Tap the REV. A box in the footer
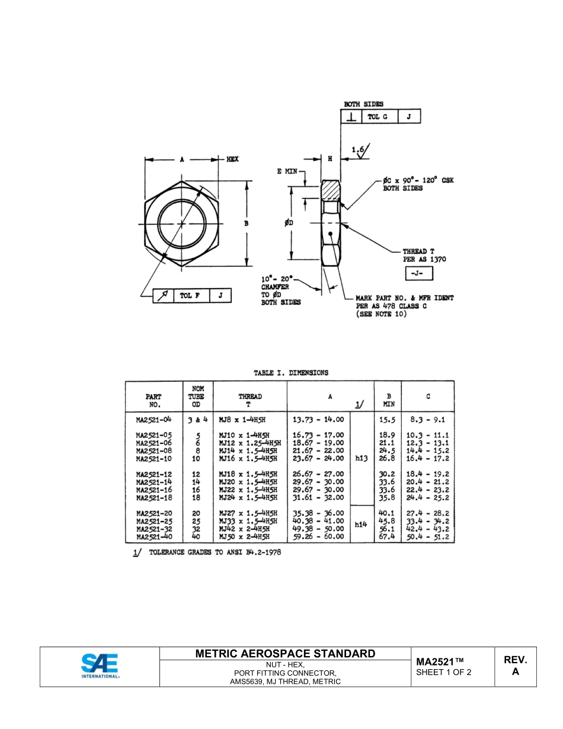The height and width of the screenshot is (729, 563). [x=515, y=666]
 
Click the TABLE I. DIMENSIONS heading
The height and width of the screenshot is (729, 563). [x=290, y=373]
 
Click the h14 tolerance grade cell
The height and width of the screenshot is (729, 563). [x=361, y=524]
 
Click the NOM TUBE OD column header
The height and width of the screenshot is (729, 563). [x=196, y=396]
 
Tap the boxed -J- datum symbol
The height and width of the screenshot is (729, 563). [x=418, y=273]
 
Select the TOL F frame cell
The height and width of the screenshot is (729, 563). [x=190, y=295]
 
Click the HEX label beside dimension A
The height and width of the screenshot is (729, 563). [x=232, y=159]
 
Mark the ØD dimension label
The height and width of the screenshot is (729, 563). [x=289, y=223]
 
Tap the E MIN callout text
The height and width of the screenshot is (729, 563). [x=287, y=171]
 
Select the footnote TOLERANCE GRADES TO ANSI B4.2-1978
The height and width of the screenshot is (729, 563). [x=206, y=552]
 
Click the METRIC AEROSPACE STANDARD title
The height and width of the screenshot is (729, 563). [x=285, y=654]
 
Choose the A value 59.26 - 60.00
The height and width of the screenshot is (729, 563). [x=318, y=537]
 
